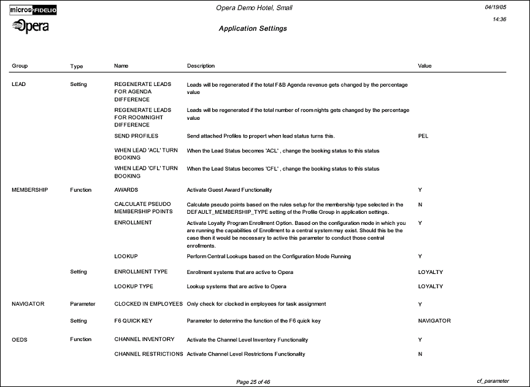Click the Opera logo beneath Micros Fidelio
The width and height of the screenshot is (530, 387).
click(31, 26)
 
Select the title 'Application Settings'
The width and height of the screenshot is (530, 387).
click(252, 29)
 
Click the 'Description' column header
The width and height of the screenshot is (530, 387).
click(201, 66)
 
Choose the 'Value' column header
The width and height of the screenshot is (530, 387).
click(424, 66)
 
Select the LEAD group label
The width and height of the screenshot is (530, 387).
click(18, 84)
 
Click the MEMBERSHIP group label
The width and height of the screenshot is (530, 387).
click(29, 190)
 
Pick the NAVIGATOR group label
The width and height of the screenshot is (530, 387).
click(28, 304)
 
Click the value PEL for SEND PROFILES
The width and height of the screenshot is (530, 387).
click(423, 136)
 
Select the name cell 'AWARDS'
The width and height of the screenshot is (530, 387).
click(126, 190)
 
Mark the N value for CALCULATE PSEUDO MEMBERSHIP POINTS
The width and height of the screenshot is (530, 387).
click(420, 204)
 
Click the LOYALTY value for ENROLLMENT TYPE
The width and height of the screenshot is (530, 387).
click(430, 272)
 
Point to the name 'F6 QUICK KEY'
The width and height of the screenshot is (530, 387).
click(133, 321)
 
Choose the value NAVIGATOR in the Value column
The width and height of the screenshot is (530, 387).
click(434, 321)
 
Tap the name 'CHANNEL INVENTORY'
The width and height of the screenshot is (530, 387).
click(144, 339)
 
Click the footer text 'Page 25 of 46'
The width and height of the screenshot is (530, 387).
click(253, 381)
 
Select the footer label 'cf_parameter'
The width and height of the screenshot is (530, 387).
click(493, 381)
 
